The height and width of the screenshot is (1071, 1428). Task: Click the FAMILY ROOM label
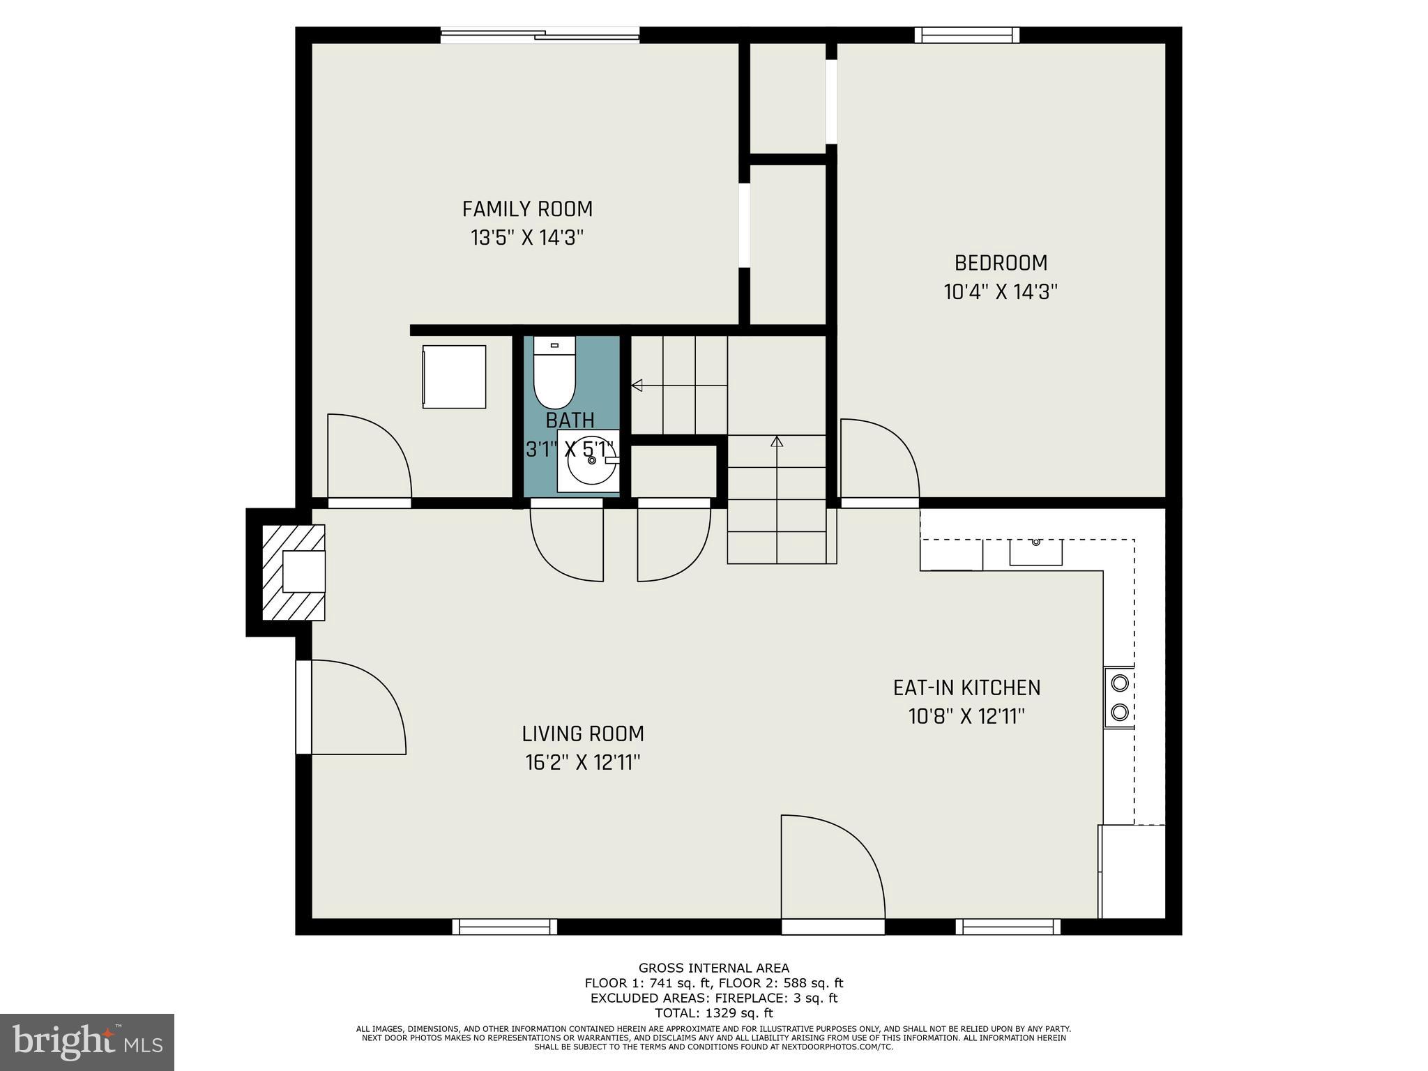pos(527,209)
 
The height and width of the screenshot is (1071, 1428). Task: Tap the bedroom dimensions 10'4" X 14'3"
pos(1001,291)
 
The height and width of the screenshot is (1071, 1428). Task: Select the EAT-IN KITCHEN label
pos(966,688)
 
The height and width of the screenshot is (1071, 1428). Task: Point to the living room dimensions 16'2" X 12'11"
pos(583,763)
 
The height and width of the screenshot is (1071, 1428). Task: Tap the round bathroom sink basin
pos(591,460)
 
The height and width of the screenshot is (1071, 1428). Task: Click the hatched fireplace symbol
pos(293,572)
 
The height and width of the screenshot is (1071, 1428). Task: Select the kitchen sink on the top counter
pos(1036,552)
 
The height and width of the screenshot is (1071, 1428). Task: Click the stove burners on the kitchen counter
pos(1119,697)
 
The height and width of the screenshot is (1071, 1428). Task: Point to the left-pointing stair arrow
pos(637,385)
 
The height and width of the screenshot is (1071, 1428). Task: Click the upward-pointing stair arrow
pos(777,441)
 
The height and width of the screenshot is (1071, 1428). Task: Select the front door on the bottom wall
pos(833,927)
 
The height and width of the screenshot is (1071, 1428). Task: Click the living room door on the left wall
pos(304,706)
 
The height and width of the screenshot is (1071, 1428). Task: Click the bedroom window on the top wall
pos(966,36)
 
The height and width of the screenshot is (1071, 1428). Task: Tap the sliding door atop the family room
pos(540,35)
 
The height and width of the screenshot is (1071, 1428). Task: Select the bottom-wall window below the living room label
pos(504,927)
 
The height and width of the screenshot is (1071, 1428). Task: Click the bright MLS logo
pos(87,1042)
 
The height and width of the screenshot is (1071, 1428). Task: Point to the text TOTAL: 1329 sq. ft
pos(713,1013)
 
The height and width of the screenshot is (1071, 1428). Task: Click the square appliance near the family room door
pos(454,377)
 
